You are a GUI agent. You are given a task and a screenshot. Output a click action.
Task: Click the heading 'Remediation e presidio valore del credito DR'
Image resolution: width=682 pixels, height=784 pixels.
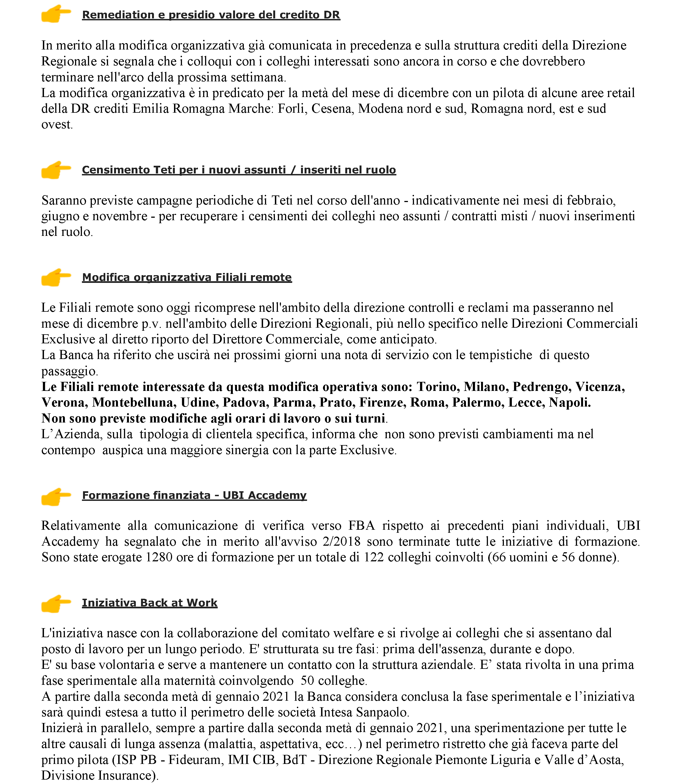point(211,15)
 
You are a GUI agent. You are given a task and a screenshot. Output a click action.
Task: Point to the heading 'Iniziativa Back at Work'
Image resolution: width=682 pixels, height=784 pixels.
point(150,603)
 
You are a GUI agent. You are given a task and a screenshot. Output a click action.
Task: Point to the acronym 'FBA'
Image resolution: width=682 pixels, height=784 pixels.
point(361,526)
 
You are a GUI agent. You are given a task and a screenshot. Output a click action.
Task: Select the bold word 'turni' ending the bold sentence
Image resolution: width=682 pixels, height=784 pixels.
point(370,418)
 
